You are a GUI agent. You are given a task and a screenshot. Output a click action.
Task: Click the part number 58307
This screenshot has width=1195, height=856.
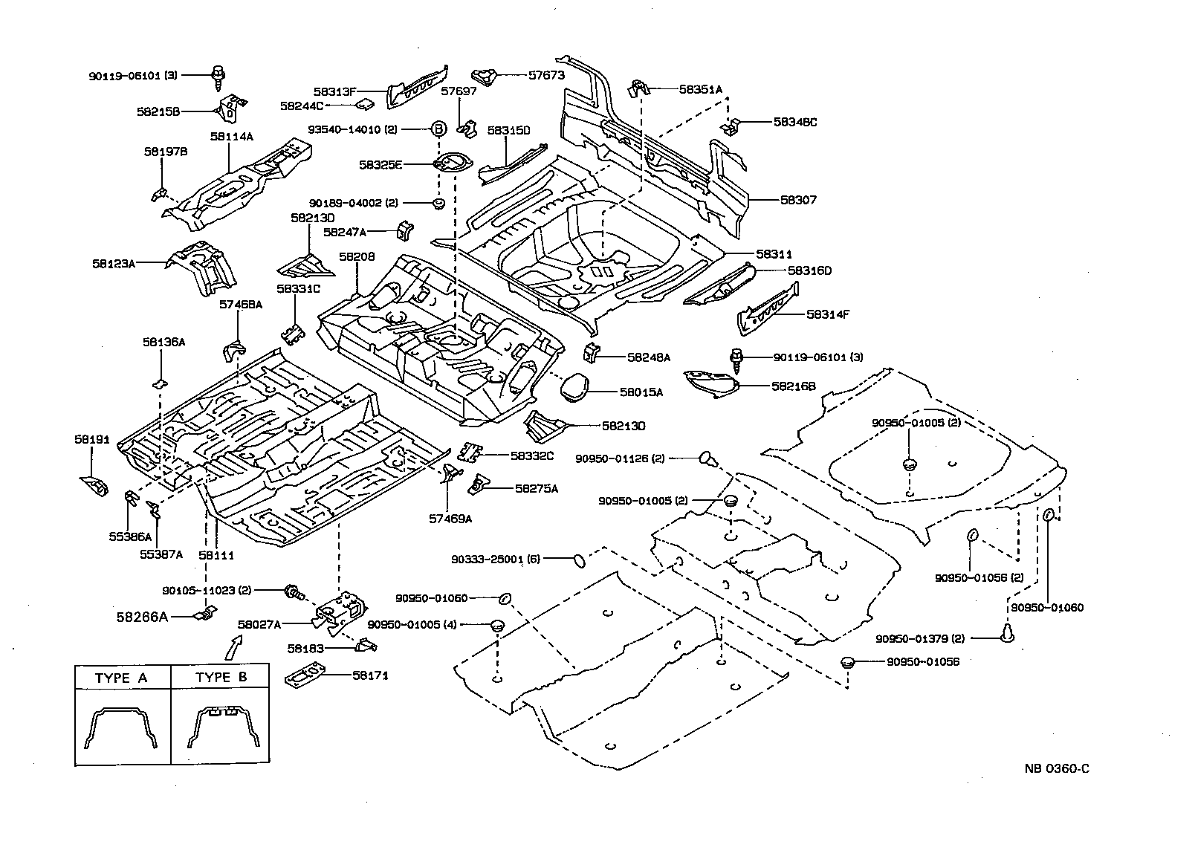pyautogui.click(x=798, y=200)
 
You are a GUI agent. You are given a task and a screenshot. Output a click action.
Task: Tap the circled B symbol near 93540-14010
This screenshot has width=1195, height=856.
pyautogui.click(x=438, y=129)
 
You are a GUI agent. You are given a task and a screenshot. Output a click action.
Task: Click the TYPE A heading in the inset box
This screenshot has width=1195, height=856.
pyautogui.click(x=121, y=678)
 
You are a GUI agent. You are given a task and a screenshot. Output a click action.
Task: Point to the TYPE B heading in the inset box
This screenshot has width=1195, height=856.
pyautogui.click(x=221, y=677)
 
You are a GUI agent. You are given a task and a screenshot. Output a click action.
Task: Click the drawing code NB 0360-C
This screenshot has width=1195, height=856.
pyautogui.click(x=1056, y=768)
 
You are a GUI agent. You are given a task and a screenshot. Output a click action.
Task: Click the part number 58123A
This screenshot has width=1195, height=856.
pyautogui.click(x=113, y=263)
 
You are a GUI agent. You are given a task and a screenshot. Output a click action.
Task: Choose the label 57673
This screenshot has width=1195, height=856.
pyautogui.click(x=546, y=75)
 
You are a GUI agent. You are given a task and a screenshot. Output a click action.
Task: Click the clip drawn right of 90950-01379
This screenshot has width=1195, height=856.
pyautogui.click(x=1008, y=633)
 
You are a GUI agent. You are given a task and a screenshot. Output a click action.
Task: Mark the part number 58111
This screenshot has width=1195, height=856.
pyautogui.click(x=216, y=555)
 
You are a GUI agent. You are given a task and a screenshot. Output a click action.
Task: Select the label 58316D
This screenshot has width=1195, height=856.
pyautogui.click(x=809, y=270)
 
